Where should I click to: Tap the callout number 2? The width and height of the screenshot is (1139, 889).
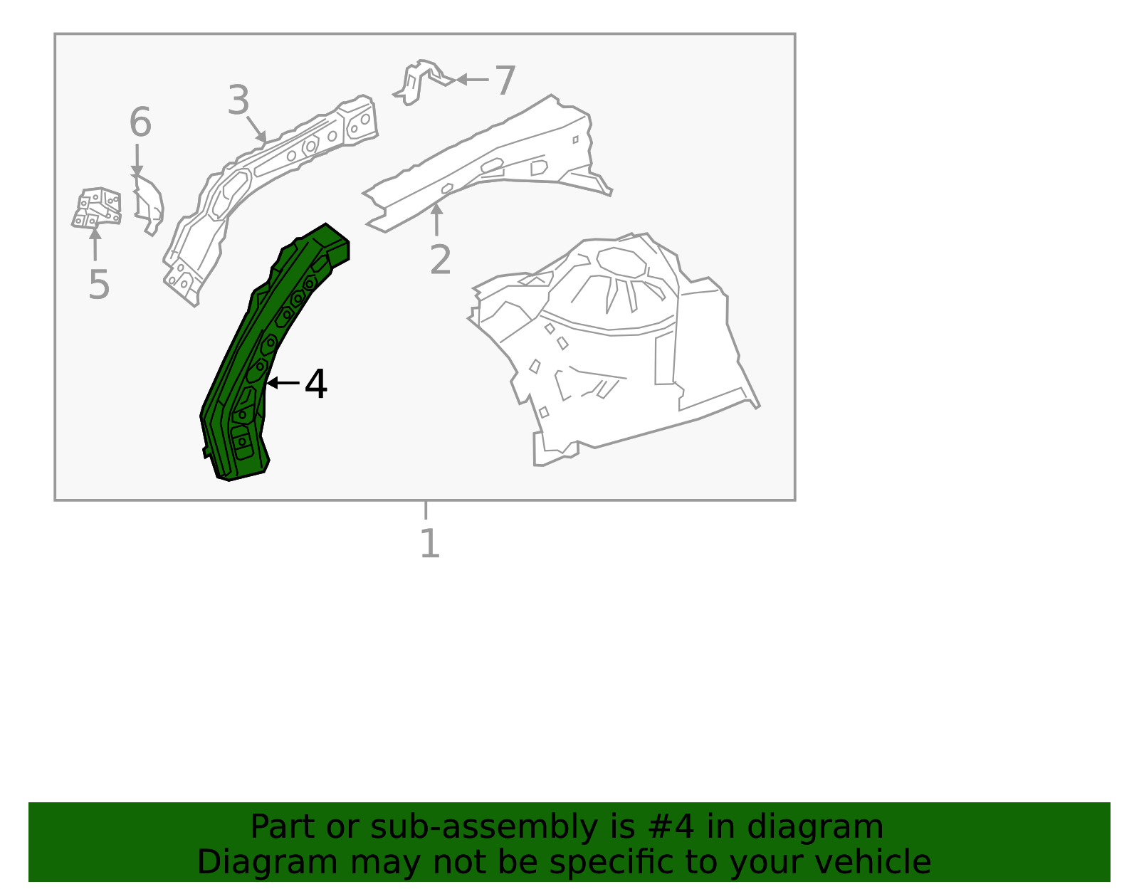(x=440, y=261)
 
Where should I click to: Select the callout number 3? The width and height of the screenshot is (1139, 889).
(x=238, y=100)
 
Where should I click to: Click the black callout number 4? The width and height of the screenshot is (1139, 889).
(x=315, y=385)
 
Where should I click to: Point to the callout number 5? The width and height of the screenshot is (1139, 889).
(x=98, y=285)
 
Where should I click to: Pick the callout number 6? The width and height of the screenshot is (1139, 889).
(x=140, y=122)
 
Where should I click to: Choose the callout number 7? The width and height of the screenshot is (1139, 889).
(x=505, y=80)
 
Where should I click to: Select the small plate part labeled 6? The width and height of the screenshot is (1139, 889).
(x=149, y=203)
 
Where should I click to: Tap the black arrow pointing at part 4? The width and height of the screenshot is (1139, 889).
(x=282, y=383)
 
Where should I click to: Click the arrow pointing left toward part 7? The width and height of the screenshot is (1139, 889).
(x=470, y=80)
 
